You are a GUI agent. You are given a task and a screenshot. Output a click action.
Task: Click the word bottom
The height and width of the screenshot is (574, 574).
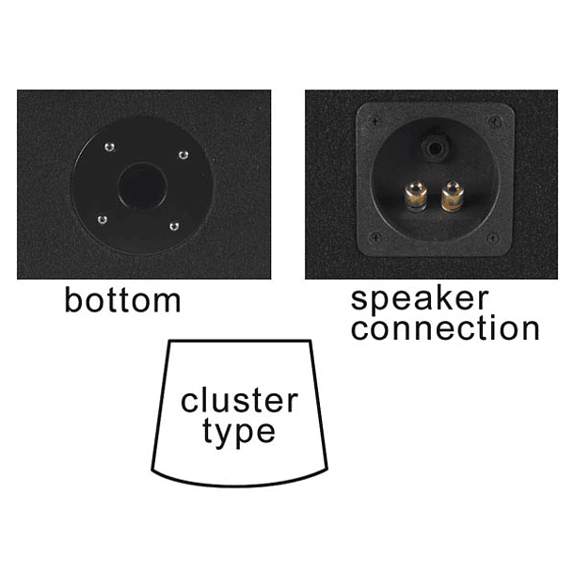tap(121, 300)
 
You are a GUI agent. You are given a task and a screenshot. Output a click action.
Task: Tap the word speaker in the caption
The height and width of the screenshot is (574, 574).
tap(420, 300)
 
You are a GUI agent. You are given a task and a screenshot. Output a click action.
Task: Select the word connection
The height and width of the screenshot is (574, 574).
tap(445, 329)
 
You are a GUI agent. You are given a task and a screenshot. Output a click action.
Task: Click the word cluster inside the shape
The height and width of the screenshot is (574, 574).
tap(239, 402)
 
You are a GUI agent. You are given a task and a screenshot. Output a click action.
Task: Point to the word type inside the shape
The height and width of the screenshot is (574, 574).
tap(238, 432)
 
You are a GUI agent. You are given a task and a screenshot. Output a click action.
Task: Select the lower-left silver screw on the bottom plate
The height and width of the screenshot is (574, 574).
tap(103, 220)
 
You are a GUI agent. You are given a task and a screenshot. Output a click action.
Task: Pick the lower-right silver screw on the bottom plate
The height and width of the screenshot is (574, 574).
tap(173, 226)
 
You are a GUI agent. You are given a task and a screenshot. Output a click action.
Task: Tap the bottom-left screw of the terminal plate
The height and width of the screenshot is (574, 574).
tap(375, 239)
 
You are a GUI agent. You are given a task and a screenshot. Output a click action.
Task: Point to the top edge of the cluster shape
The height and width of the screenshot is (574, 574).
tap(239, 341)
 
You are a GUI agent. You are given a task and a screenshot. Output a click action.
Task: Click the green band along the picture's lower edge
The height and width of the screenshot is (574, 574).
tap(287, 537)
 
